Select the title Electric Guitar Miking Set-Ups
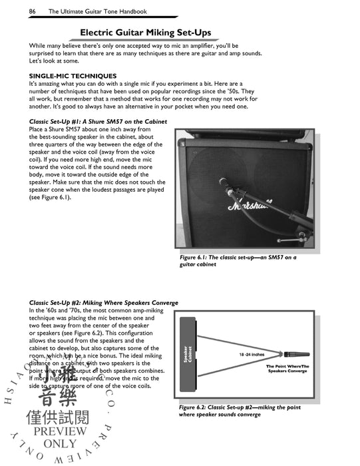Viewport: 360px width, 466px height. click(x=179, y=32)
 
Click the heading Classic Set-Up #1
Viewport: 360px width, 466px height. click(x=98, y=121)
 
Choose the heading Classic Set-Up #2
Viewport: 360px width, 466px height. click(x=103, y=302)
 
